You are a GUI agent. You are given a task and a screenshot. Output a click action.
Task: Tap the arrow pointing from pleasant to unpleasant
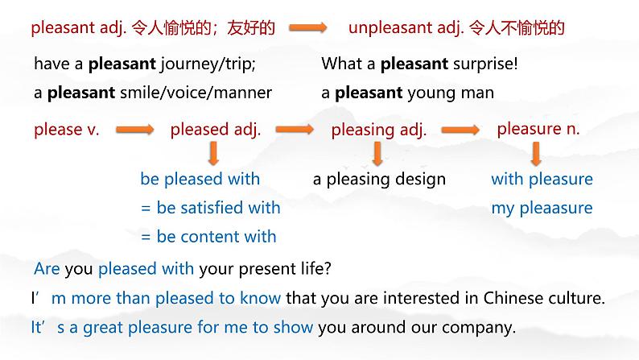[x=307, y=27]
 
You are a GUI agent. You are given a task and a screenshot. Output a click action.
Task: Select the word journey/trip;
[x=208, y=64]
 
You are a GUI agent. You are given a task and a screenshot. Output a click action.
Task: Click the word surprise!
[x=485, y=64]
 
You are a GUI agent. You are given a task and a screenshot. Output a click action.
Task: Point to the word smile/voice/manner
[x=196, y=93]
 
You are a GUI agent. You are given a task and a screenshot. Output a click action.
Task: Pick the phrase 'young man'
[x=451, y=93]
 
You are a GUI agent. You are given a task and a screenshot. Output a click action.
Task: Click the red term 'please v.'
[x=67, y=130]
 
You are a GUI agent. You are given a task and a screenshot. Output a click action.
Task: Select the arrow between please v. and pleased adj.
[x=135, y=130]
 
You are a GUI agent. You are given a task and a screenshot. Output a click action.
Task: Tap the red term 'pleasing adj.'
[x=378, y=130]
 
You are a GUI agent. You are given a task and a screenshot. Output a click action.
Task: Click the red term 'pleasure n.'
[x=538, y=129]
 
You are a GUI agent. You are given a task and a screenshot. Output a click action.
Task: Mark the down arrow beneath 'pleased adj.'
[x=213, y=153]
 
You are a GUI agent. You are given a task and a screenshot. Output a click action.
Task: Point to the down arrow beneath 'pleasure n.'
[x=536, y=154]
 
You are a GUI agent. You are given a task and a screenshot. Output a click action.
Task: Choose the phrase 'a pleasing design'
[x=379, y=180]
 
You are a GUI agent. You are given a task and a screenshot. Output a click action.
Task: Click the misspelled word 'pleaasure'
[x=556, y=209]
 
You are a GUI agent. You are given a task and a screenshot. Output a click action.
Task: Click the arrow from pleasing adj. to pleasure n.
[x=460, y=130]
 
